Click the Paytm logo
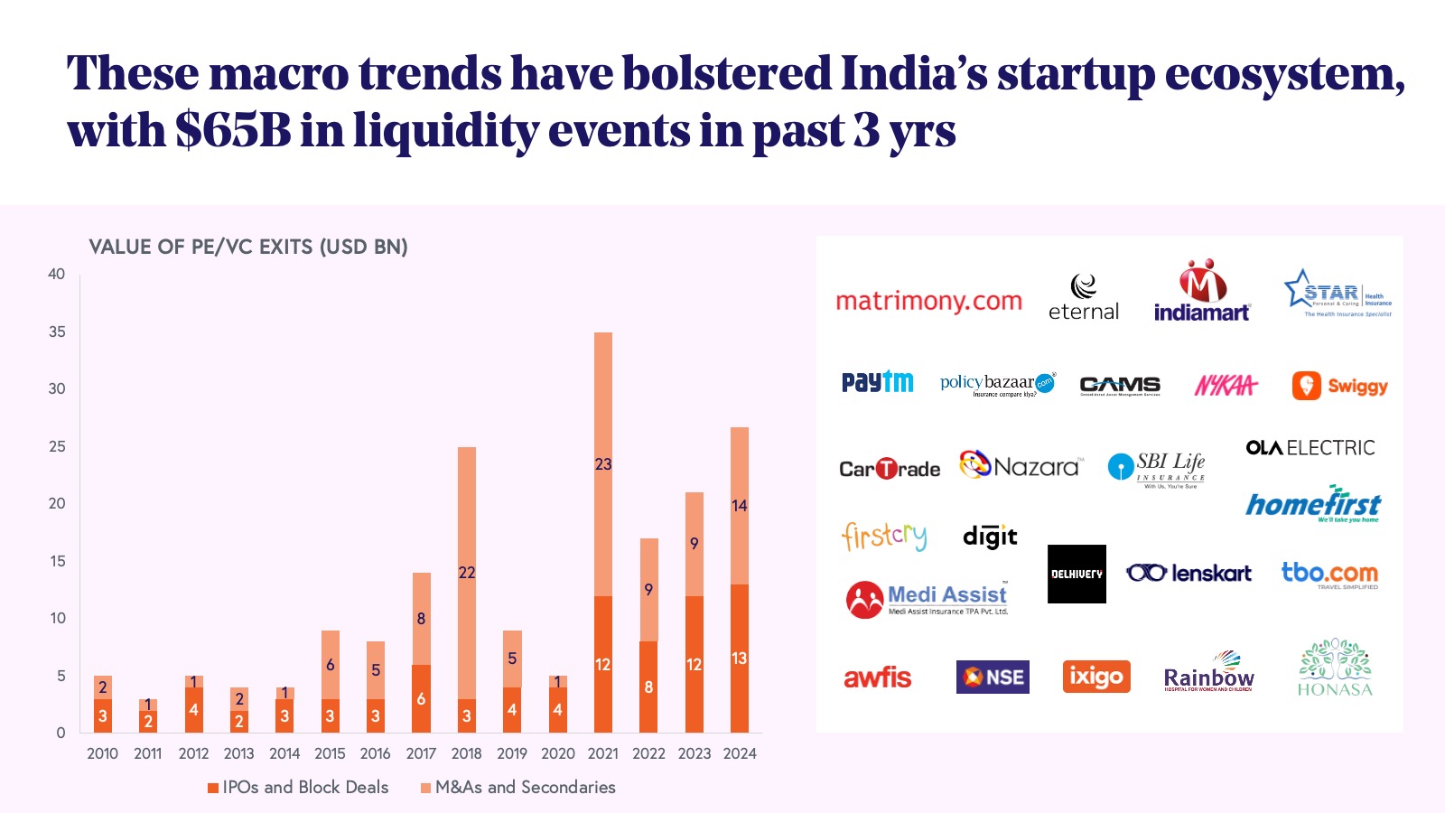coord(877,382)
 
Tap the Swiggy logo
coord(1339,386)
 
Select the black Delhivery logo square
coord(1077,574)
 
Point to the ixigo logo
coord(1095,677)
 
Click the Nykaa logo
coord(1226,386)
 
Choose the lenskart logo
coord(1189,573)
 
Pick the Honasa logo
coord(1335,668)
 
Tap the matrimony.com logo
coord(928,301)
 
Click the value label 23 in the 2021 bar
coord(603,464)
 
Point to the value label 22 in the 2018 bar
coord(467,573)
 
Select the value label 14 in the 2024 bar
coord(740,506)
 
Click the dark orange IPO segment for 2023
coord(694,664)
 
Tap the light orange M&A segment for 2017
coord(421,619)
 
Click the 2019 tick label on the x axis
coord(512,753)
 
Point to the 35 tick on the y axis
coord(57,332)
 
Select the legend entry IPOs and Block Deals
coord(298,787)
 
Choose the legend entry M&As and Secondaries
coord(517,787)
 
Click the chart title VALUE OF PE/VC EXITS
coord(248,247)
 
